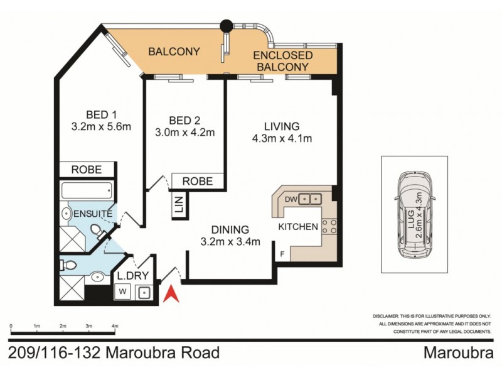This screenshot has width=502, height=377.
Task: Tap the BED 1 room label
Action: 101,114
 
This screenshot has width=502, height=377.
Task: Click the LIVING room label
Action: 282,126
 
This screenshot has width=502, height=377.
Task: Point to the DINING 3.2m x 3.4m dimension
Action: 230,243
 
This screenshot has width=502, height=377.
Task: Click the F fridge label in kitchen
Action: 282,254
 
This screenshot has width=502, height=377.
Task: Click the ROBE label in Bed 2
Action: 197,182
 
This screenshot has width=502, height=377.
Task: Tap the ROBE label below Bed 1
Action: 87,170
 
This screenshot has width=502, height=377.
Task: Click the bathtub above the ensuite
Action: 87,189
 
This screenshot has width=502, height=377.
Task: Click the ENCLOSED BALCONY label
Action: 282,61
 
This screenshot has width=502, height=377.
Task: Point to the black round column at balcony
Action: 225,26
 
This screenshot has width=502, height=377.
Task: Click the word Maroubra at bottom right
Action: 457,352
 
